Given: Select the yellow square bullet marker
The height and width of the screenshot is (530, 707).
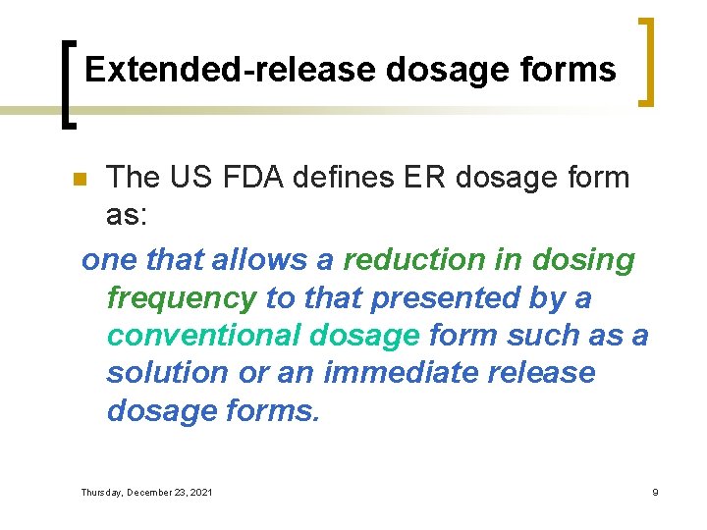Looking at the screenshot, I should point(81,180).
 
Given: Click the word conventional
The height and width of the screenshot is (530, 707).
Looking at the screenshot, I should point(202,335).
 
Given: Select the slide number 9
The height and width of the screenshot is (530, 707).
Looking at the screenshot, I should point(655,492).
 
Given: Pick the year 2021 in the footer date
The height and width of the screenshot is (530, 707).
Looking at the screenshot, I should point(199,492).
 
